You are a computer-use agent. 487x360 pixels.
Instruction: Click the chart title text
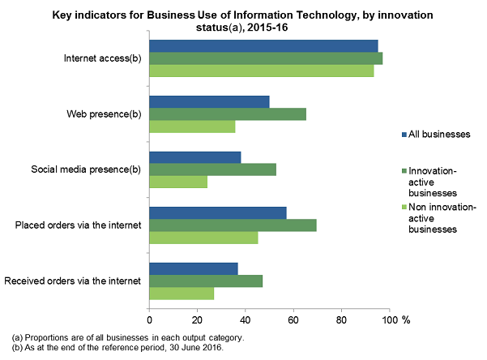point(243,20)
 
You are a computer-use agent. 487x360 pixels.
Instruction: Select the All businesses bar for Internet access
point(263,45)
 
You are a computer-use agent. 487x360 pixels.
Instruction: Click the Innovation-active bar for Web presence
point(228,114)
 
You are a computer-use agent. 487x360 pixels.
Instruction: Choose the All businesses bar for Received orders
point(194,268)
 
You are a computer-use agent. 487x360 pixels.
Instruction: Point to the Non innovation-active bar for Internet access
point(262,71)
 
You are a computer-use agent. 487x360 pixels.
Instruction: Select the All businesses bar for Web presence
point(209,101)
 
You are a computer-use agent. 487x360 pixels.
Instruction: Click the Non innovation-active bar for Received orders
point(182,294)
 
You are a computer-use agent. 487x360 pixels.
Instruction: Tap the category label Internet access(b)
point(103,58)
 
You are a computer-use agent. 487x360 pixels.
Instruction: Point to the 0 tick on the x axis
point(150,319)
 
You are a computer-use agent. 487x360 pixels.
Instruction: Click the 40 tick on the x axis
point(246,319)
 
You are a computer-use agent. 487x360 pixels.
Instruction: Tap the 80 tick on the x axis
point(341,319)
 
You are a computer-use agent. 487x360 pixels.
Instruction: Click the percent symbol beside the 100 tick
point(407,319)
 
